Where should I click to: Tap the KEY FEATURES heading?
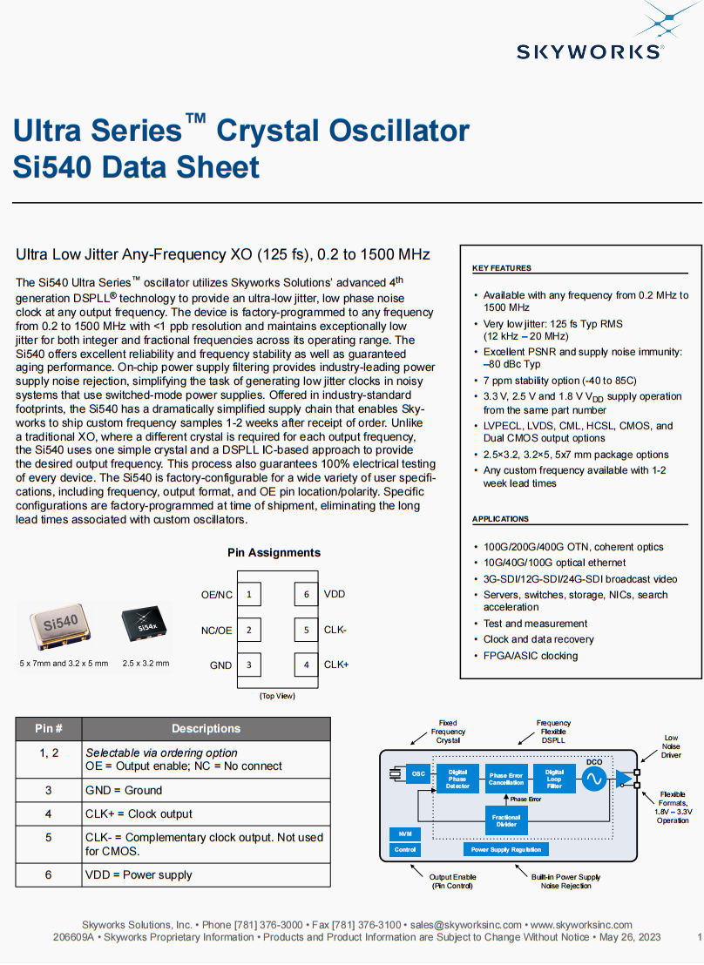502,268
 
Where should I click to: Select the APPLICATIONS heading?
500,519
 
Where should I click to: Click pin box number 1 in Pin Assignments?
249,595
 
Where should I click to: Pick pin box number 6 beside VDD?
306,595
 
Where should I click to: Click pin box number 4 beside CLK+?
306,665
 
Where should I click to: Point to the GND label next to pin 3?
220,665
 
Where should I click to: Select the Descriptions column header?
206,729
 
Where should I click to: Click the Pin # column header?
49,729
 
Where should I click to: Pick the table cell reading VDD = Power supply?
139,874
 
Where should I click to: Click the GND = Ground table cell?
124,790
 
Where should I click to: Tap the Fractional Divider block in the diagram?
506,820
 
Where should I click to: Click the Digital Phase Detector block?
457,779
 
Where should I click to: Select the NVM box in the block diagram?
405,833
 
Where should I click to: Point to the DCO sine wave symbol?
594,779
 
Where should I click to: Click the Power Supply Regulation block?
506,849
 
